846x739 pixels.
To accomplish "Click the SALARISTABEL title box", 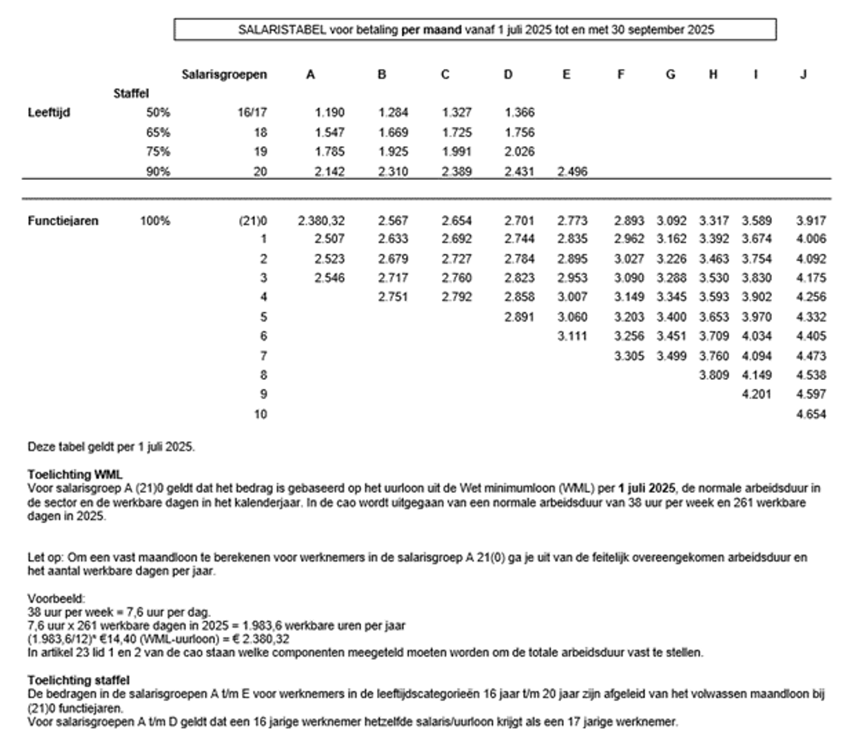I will pos(475,30).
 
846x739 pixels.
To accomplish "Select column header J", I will pos(803,74).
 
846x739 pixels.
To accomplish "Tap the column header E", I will pos(566,74).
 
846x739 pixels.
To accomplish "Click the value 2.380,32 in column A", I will pos(321,221).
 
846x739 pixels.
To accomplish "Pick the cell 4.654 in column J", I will pos(811,414).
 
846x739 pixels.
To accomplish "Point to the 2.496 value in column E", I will pos(572,171).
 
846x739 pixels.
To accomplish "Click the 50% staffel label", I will pos(158,112).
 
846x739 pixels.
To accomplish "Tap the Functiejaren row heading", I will pos(63,221).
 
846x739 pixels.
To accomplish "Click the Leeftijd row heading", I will pos(49,112).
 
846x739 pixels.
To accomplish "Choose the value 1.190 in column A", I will pos(330,112).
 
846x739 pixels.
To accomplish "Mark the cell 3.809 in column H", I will pos(713,375).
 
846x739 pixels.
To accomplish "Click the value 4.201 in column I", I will pos(756,394).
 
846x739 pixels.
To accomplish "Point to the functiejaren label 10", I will pos(261,414).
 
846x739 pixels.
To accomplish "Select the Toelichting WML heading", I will pos(75,475).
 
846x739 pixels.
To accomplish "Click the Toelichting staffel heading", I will pos(78,680).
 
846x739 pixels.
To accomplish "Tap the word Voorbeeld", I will pos(56,599).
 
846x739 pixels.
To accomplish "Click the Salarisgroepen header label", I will pos(224,74).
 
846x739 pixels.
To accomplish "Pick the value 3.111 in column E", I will pos(572,336).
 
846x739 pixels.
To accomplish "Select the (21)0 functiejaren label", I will pos(253,221).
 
